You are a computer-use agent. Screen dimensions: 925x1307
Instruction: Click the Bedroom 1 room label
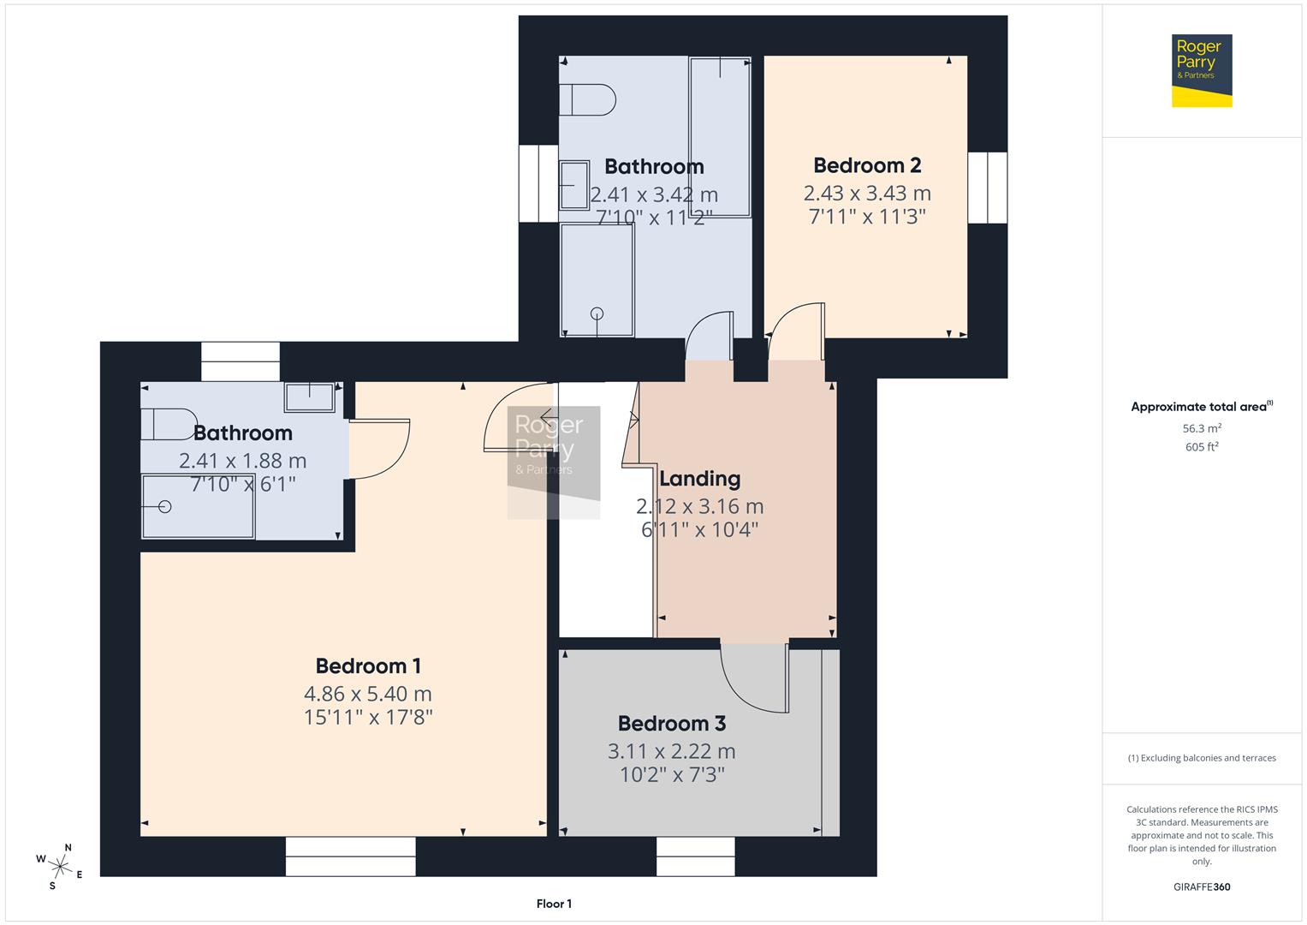368,665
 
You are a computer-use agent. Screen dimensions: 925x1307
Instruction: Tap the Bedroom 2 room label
867,165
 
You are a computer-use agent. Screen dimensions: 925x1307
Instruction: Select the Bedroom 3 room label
672,724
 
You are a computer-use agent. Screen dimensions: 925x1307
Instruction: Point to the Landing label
699,479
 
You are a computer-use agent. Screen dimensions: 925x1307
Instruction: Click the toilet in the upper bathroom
587,99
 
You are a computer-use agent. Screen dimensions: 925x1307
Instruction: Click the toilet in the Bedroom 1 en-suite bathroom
169,424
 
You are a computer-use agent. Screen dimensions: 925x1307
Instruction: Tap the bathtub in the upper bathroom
720,137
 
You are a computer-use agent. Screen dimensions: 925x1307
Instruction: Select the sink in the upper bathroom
574,185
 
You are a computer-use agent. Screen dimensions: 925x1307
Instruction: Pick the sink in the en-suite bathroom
310,397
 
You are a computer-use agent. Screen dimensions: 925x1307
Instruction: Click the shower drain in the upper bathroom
597,313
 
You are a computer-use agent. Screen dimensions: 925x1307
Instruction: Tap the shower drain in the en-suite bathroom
165,507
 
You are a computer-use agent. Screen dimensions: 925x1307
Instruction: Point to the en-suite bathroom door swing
380,448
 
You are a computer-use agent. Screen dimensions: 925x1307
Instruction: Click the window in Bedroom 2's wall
987,188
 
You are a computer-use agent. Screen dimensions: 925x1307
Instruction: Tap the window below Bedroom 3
695,856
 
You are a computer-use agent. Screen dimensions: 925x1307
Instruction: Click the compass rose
59,865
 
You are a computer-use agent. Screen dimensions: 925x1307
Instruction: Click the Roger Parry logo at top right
1201,70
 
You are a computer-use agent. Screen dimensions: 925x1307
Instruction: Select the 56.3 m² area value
1201,428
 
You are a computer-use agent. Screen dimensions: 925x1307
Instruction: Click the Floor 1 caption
554,904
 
